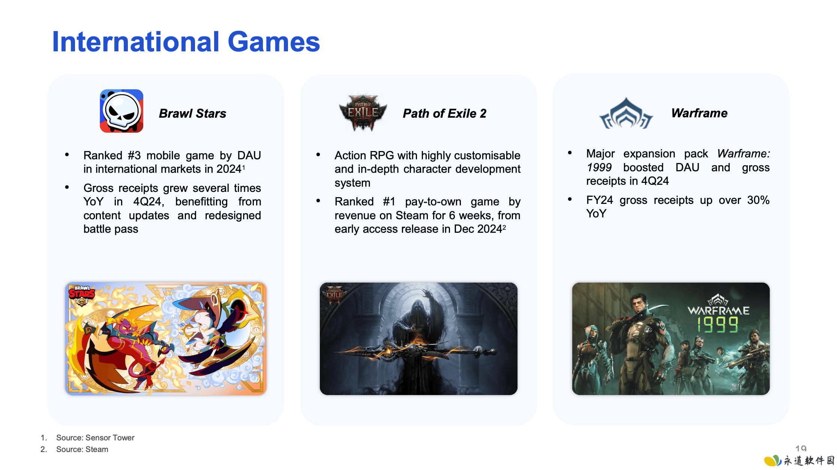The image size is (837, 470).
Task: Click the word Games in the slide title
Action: coord(274,42)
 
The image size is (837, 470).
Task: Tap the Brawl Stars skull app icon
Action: coord(121,111)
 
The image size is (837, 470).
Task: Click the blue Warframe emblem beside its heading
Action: coord(626,113)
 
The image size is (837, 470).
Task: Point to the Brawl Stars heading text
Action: coord(192,113)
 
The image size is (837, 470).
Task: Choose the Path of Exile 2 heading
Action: coord(444,113)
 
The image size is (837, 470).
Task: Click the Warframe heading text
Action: coord(699,113)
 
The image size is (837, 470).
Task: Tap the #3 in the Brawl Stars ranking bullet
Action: coord(134,155)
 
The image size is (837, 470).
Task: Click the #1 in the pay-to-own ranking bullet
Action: coord(389,202)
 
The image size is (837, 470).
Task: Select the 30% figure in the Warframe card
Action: coord(758,200)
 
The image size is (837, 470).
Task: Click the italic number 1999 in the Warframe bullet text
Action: coord(599,168)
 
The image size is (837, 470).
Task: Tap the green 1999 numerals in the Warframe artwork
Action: coord(718,325)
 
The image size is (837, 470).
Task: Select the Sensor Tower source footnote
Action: coord(95,437)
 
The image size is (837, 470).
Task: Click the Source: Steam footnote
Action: coord(82,449)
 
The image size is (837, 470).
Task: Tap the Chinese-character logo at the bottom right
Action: coord(799,460)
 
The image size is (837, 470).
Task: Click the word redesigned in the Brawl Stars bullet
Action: coord(233,216)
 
